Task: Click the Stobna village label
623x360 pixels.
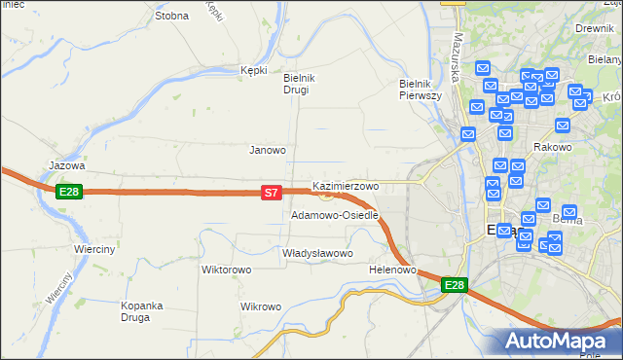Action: (x=171, y=16)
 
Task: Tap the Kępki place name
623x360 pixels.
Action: (x=253, y=70)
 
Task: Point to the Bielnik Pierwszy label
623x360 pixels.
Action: (x=421, y=90)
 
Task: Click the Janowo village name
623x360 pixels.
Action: (x=268, y=150)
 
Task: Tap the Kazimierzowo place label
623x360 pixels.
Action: (x=346, y=185)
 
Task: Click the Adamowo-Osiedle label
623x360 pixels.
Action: (x=334, y=215)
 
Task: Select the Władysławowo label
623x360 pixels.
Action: (x=316, y=253)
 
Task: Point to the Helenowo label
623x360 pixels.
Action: (x=393, y=270)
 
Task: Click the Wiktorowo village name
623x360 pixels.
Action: (x=227, y=270)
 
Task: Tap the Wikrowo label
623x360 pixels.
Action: (x=260, y=306)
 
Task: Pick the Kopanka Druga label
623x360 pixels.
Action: (x=141, y=311)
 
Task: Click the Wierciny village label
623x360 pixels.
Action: (x=94, y=249)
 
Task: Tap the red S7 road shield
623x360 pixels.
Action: (x=273, y=194)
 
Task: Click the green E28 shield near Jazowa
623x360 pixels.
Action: (x=68, y=192)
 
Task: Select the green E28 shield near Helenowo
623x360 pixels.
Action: (x=455, y=285)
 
